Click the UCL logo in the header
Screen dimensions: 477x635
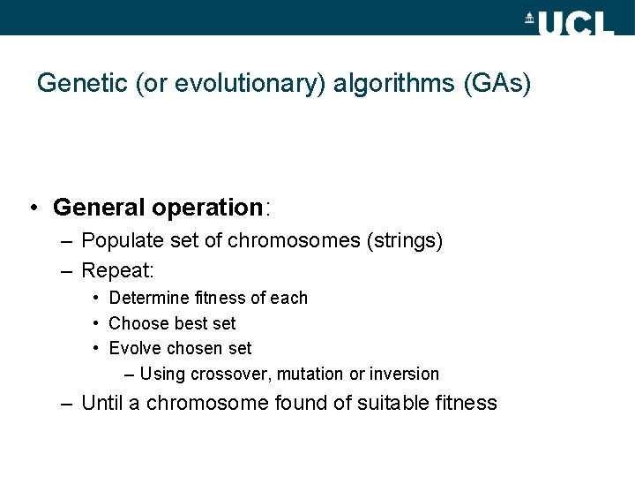click(x=569, y=22)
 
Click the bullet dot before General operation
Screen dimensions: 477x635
click(x=32, y=208)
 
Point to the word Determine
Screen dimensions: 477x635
click(x=145, y=299)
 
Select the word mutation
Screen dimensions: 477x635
click(x=313, y=374)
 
